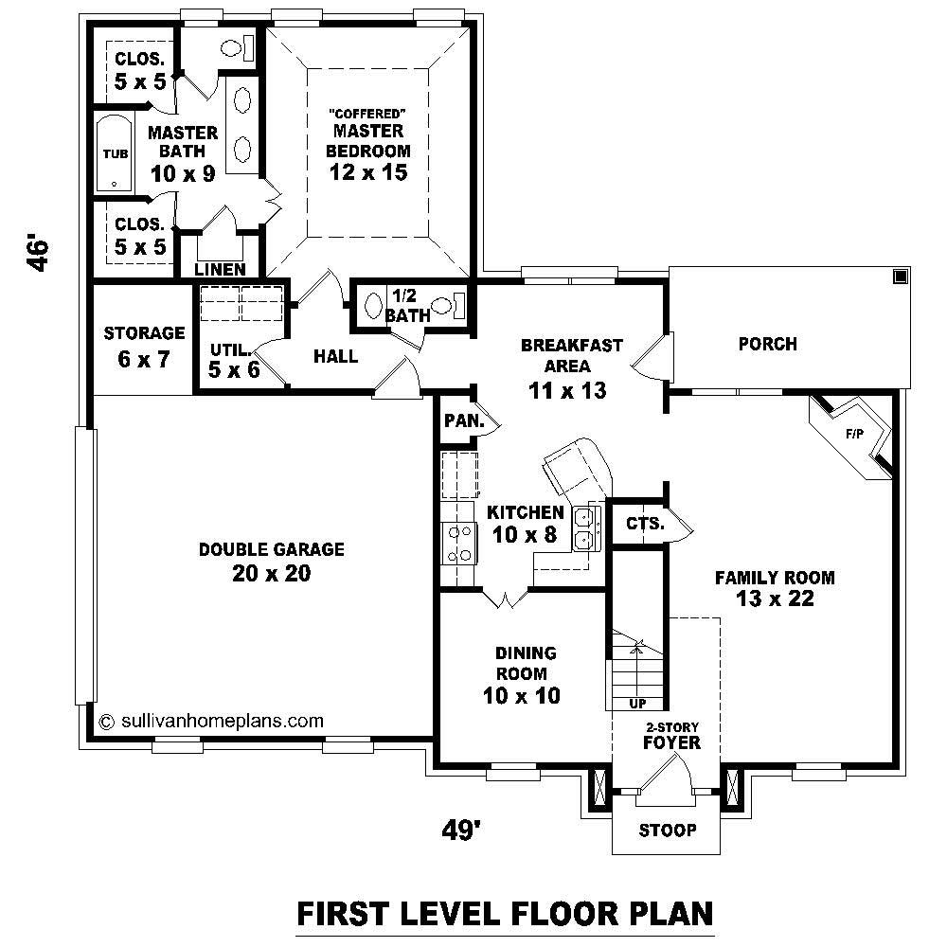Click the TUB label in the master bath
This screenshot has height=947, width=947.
[x=112, y=153]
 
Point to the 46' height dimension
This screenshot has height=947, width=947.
[x=38, y=254]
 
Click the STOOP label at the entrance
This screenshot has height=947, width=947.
[x=667, y=831]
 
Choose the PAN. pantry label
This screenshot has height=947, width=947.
[x=464, y=421]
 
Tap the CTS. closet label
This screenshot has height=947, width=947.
[x=645, y=523]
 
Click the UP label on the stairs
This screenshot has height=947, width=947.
[x=636, y=704]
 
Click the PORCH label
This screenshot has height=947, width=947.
[x=767, y=344]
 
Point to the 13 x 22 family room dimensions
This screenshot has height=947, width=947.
[x=774, y=599]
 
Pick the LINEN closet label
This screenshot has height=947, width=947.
[x=220, y=270]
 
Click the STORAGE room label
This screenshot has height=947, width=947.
[x=144, y=333]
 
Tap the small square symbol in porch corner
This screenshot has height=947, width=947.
[x=900, y=277]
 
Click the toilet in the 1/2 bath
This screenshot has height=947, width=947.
[x=458, y=305]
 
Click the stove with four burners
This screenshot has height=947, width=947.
[x=459, y=545]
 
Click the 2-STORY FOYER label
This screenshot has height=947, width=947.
[x=671, y=736]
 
